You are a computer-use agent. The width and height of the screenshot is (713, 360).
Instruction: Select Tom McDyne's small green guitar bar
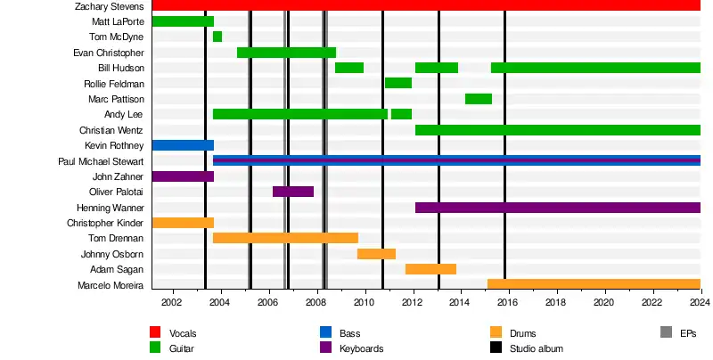tap(217, 37)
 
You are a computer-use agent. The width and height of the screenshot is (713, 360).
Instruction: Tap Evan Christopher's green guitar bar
tap(286, 53)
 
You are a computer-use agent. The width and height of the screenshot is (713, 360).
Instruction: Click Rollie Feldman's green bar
tap(398, 83)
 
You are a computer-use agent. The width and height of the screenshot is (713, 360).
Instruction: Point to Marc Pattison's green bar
tap(479, 99)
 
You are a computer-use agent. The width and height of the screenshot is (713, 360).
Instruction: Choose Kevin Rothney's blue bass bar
tap(183, 145)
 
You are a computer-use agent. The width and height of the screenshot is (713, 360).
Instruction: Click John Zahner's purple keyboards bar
tap(183, 176)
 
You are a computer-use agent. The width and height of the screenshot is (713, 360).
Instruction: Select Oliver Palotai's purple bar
tap(293, 192)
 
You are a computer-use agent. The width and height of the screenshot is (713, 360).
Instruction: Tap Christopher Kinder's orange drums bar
tap(183, 223)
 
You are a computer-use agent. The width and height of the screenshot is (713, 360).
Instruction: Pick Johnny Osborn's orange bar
tap(376, 254)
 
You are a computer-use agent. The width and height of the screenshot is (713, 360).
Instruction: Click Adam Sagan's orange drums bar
tap(430, 269)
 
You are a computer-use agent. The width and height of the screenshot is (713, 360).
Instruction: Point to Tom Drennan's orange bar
tap(285, 238)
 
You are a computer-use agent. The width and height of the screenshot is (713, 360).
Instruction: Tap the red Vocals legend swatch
tap(155, 332)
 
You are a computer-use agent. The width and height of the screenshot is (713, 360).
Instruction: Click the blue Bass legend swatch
tap(325, 332)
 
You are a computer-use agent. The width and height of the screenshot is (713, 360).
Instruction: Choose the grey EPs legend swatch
tap(666, 332)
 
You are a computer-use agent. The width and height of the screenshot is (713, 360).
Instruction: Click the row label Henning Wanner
tap(111, 208)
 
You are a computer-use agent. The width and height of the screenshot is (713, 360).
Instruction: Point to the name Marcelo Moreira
tap(111, 285)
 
